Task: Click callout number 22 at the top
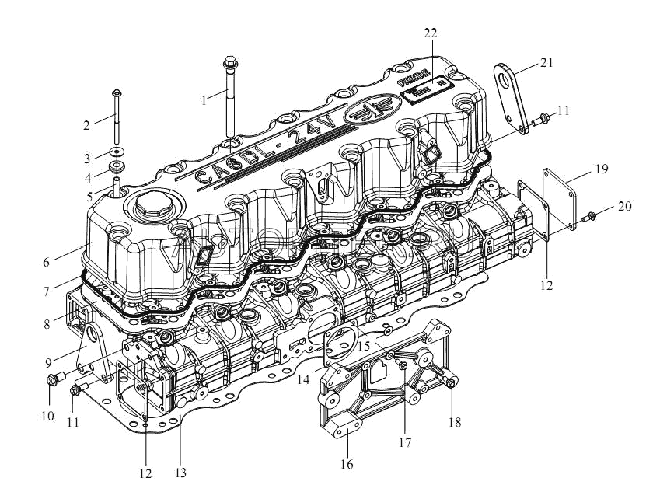pos(431,33)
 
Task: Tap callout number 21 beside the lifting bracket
pos(546,64)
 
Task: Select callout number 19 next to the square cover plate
pos(601,168)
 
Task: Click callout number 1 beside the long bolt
pos(204,100)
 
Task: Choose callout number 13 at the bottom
pos(180,472)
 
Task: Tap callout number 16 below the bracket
pos(347,464)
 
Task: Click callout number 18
pos(455,423)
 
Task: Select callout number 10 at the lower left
pos(48,416)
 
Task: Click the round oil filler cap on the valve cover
pos(151,206)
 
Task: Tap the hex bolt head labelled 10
pos(53,381)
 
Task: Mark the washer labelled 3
pos(116,150)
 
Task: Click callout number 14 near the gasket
pos(304,379)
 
